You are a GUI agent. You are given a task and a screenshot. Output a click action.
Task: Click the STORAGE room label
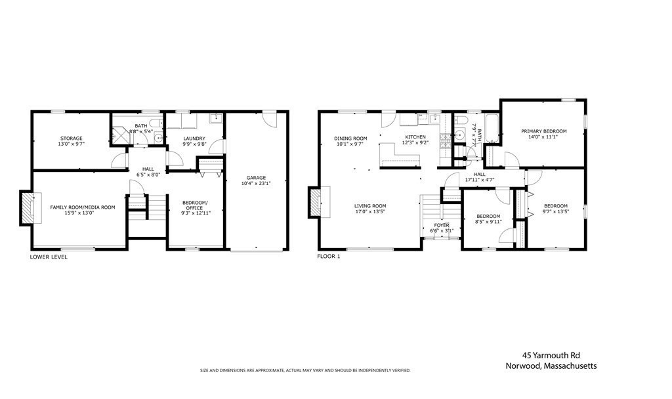[x=72, y=138]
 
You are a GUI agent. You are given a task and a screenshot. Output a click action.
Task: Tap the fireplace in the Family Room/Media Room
[x=28, y=208]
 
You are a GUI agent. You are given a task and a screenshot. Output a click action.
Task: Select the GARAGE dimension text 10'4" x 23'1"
[x=256, y=183]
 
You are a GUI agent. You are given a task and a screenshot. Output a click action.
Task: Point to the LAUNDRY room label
[x=194, y=138]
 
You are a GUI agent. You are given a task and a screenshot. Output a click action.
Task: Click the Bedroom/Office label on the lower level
[x=194, y=205]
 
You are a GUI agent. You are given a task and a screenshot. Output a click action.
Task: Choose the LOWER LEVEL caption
[x=49, y=257]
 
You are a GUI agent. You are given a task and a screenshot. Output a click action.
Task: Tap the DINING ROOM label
[x=350, y=138]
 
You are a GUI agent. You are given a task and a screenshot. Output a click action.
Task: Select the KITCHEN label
[x=415, y=136]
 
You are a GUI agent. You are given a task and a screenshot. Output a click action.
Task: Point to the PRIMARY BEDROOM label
[x=544, y=131]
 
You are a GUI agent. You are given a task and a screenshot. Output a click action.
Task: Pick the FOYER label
[x=442, y=225]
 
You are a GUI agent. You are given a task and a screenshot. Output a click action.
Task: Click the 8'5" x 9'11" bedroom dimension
[x=488, y=222]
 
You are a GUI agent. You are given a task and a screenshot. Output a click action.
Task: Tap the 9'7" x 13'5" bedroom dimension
[x=555, y=212]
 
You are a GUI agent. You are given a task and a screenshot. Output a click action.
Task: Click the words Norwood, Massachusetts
[x=551, y=366]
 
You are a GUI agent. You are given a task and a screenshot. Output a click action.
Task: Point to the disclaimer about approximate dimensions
[x=305, y=371]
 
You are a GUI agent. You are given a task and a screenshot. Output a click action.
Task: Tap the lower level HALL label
[x=148, y=169]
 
